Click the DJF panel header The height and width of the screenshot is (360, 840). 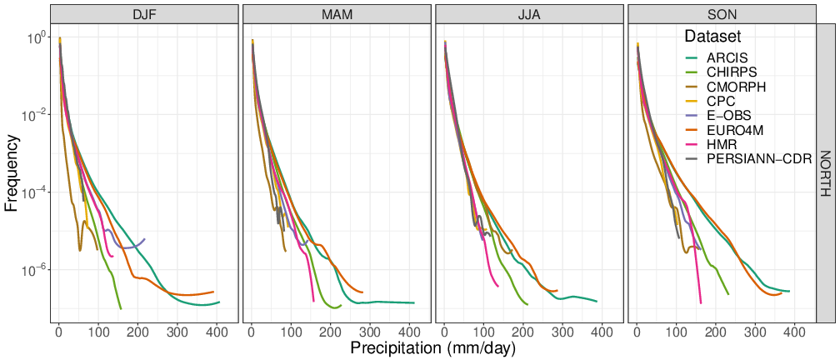(x=143, y=14)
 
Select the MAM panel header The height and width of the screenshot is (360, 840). (x=337, y=14)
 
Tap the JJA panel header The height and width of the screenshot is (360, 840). (x=529, y=14)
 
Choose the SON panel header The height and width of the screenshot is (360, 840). (x=722, y=14)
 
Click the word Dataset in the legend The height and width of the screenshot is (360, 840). (x=712, y=37)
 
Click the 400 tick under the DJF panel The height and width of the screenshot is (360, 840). (x=217, y=332)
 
